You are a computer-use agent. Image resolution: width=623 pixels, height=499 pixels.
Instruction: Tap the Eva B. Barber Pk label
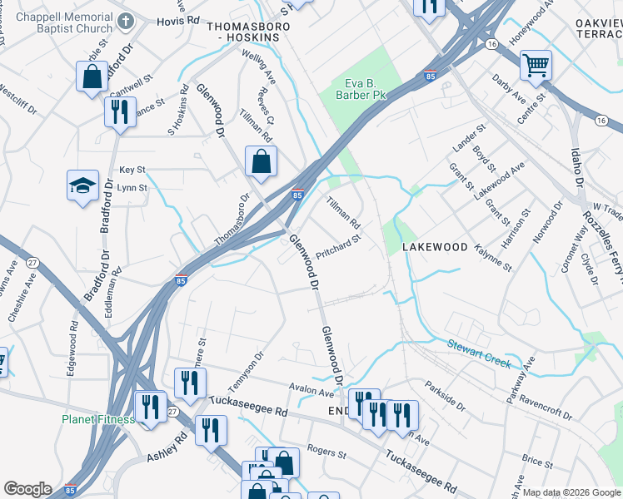[x=366, y=90]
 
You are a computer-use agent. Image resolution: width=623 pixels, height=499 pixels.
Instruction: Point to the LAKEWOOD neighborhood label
[x=435, y=247]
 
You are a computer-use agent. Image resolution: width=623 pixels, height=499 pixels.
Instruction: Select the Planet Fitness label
[x=97, y=419]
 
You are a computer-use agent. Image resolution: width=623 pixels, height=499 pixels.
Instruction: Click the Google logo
[x=27, y=489]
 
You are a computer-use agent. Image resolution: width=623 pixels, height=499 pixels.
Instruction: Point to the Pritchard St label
[x=338, y=248]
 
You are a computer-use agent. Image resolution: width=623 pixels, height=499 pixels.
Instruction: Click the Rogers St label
[x=326, y=454]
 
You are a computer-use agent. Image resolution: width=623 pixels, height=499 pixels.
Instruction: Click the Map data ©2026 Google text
[x=570, y=492]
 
